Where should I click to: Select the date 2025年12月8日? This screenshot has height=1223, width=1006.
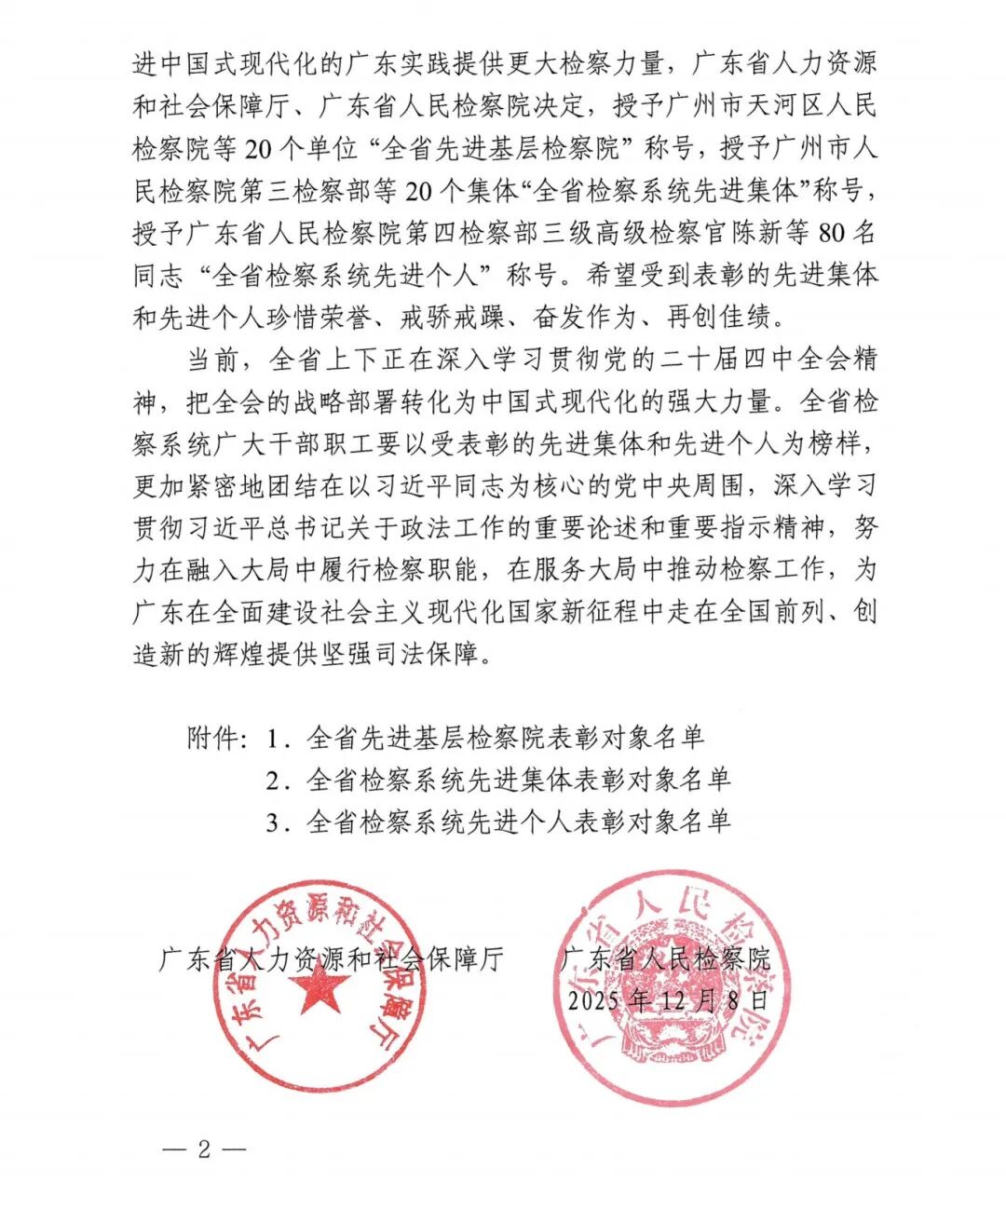click(670, 1000)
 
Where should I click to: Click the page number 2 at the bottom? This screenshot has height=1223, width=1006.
click(204, 1148)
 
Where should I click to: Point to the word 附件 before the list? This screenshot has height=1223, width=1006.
click(213, 739)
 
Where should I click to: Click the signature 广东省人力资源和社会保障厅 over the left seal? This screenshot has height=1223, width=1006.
click(332, 959)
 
